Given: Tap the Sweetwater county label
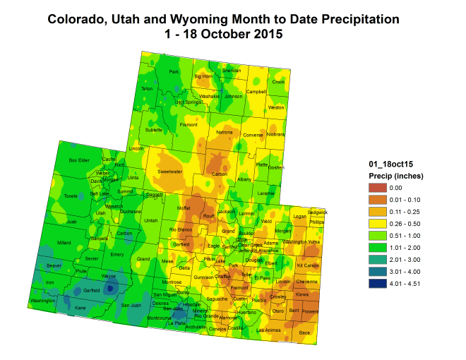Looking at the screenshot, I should (169, 171).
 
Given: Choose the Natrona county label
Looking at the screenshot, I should (224, 132).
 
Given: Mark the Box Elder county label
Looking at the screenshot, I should (79, 160).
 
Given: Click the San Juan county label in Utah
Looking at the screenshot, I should (131, 305).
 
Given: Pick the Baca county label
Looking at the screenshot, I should (304, 332).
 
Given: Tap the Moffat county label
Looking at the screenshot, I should (184, 208).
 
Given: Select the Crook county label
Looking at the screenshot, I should (278, 82).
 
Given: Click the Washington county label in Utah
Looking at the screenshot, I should (43, 301).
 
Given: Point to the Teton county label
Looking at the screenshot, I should (147, 88).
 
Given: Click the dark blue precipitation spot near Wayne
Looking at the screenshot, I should (109, 288).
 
